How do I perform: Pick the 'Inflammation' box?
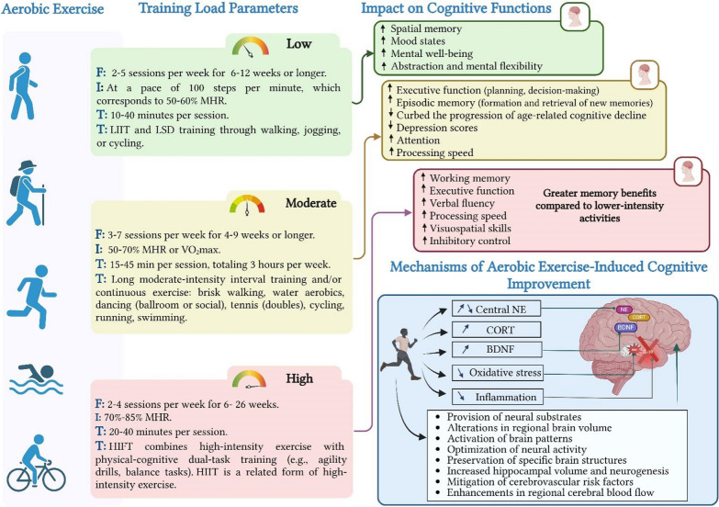point(497,398)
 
